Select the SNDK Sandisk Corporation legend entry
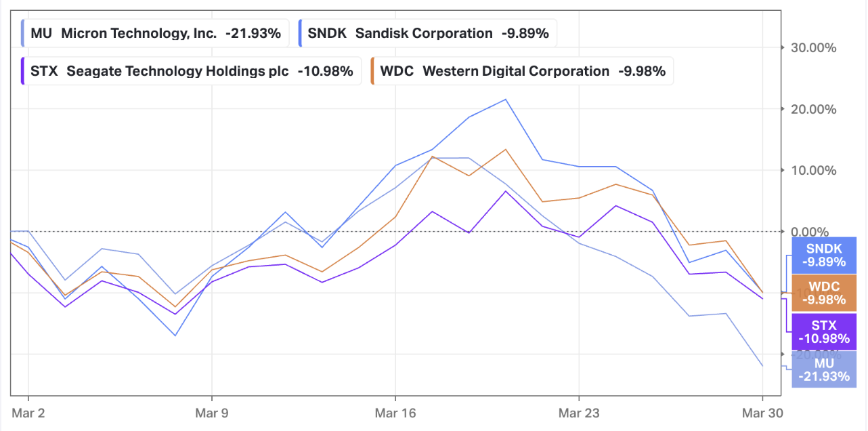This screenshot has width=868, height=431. (x=427, y=33)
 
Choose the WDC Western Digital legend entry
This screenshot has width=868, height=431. (x=518, y=71)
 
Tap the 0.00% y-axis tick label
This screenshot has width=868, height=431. (x=815, y=232)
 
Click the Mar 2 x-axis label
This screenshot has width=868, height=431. (x=28, y=411)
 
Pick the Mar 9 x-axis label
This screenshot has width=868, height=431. (x=212, y=411)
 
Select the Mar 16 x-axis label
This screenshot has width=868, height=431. (x=395, y=411)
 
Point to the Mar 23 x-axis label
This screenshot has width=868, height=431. (x=579, y=411)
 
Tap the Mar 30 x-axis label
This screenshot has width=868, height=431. (x=762, y=411)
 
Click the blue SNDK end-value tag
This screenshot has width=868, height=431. (x=823, y=255)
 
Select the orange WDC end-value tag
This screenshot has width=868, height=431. (x=823, y=293)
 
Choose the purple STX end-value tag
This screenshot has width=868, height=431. (x=823, y=331)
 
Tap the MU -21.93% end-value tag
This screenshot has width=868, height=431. (x=823, y=369)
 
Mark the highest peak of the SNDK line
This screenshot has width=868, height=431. (x=506, y=100)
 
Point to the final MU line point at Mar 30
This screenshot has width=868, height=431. (x=762, y=366)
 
